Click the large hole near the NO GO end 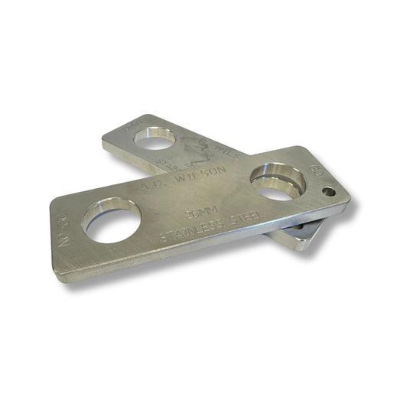point(111,220)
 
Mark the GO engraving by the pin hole point(312,165)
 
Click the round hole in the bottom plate point(155,138)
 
